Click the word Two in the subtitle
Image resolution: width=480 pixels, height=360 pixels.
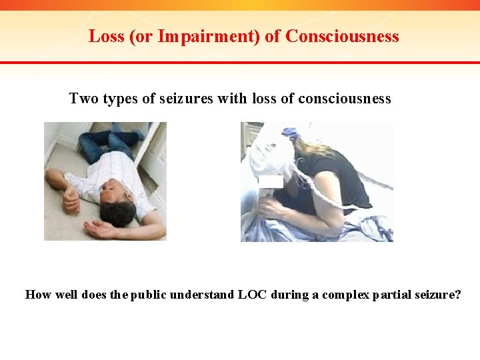(83, 99)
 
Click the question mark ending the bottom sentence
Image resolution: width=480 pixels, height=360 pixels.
(457, 294)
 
